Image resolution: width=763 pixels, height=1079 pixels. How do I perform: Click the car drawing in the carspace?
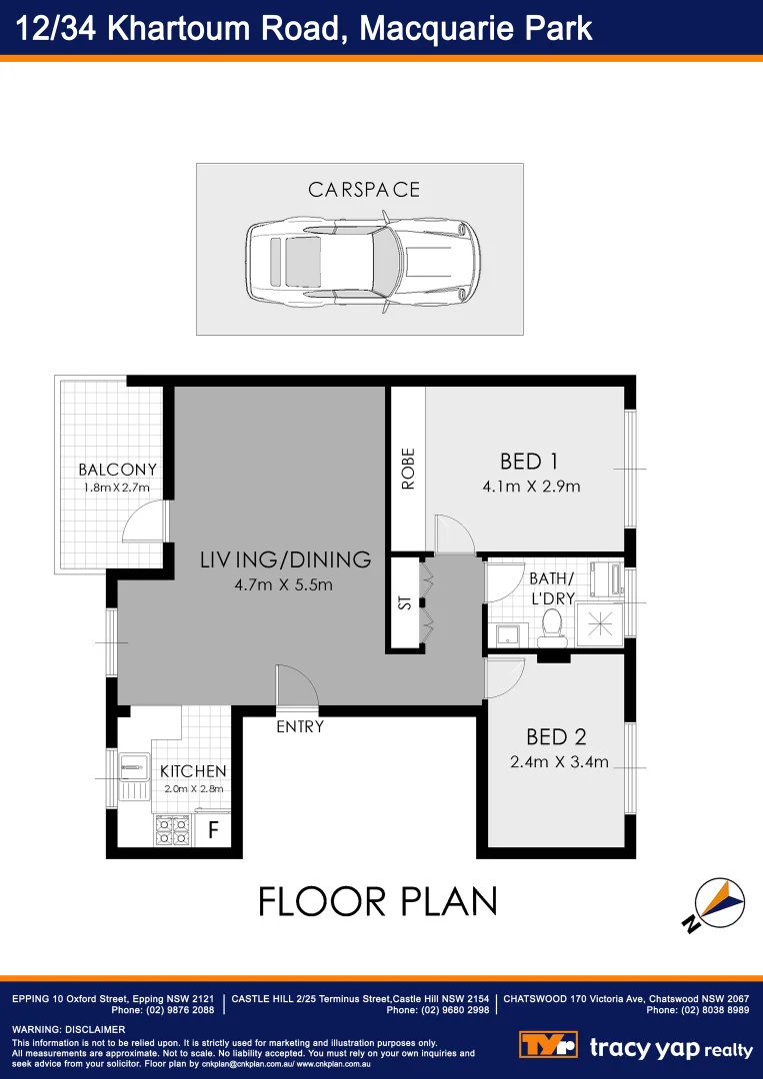pyautogui.click(x=362, y=263)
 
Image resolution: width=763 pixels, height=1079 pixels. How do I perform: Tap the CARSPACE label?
pyautogui.click(x=364, y=190)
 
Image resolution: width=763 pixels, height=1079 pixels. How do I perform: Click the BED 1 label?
pyautogui.click(x=528, y=462)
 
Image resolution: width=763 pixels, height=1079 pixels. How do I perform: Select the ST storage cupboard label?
pyautogui.click(x=405, y=603)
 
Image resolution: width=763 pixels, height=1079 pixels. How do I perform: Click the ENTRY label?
pyautogui.click(x=300, y=727)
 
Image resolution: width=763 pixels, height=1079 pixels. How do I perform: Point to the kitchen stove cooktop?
pyautogui.click(x=172, y=829)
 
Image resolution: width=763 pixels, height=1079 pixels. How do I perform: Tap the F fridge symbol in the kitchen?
pyautogui.click(x=213, y=830)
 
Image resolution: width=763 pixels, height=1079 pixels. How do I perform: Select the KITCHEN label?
pyautogui.click(x=193, y=771)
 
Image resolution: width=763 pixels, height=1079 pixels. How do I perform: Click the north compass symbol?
pyautogui.click(x=718, y=904)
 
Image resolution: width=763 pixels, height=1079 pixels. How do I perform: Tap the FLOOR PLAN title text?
pyautogui.click(x=378, y=901)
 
